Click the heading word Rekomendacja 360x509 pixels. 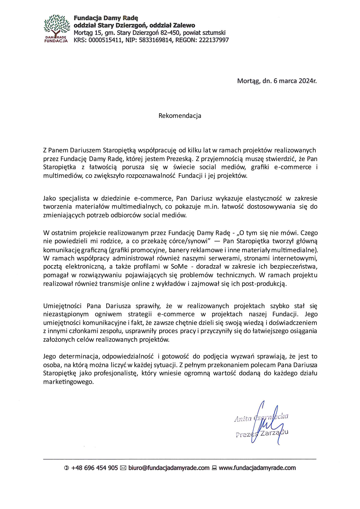click(180, 116)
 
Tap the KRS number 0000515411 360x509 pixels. click(105, 40)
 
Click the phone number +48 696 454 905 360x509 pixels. click(94, 468)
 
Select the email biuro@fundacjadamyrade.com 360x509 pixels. click(169, 468)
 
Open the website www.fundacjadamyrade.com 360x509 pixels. click(257, 468)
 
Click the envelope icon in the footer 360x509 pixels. click(123, 468)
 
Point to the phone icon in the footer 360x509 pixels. click(66, 468)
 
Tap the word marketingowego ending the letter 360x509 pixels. click(68, 382)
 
